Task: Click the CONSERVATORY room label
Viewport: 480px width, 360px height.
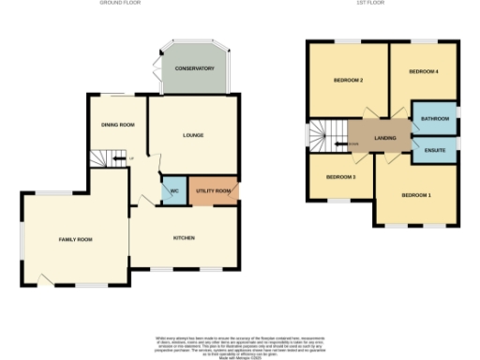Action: (195, 69)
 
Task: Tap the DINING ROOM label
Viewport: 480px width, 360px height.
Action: (118, 125)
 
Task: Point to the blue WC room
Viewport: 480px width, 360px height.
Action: (173, 190)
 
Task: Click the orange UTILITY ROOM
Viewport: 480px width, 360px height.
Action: (213, 190)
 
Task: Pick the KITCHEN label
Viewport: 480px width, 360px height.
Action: (184, 238)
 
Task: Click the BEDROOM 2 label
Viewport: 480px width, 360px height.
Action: (348, 80)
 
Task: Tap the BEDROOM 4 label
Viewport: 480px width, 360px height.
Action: (424, 72)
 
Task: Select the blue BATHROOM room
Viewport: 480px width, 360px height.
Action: (434, 119)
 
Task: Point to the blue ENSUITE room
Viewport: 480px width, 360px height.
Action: (434, 150)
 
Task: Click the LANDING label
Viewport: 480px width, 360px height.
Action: (384, 139)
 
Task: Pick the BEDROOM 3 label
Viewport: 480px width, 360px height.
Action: (340, 176)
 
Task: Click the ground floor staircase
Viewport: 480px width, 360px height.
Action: (111, 159)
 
